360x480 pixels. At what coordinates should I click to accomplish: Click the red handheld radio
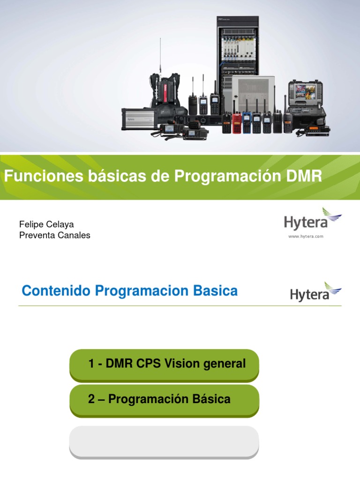237,122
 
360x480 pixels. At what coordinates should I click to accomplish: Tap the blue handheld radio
247,122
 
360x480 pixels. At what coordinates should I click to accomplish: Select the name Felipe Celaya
46,225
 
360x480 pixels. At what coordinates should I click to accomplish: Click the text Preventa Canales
54,235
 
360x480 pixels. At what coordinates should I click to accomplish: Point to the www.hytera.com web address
306,237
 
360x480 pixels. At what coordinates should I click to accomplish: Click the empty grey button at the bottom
164,441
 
